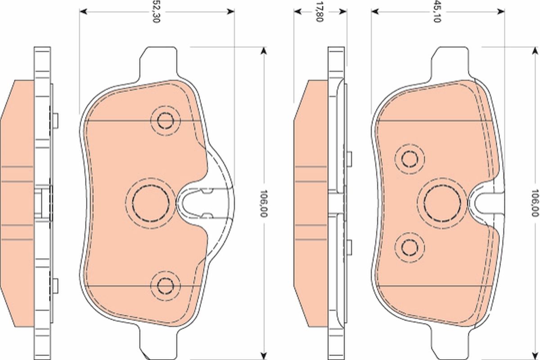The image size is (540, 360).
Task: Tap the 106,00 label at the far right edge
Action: (535, 203)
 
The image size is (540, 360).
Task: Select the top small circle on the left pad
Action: (165, 120)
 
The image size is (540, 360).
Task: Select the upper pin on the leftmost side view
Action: (55, 120)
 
